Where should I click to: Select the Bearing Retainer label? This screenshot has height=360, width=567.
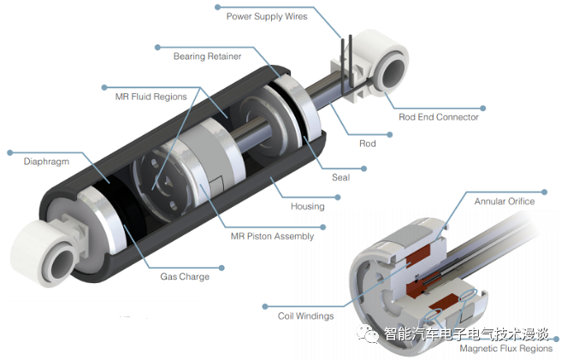207,56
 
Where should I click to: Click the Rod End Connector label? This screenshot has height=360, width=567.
439,117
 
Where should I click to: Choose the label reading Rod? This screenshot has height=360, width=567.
366,144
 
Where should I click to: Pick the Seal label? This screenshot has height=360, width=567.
340,178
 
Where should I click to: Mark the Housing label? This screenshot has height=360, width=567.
307,206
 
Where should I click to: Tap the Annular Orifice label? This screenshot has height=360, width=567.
504,202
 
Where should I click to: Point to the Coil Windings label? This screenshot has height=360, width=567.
305,316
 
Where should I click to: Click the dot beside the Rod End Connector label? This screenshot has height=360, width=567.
483,108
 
